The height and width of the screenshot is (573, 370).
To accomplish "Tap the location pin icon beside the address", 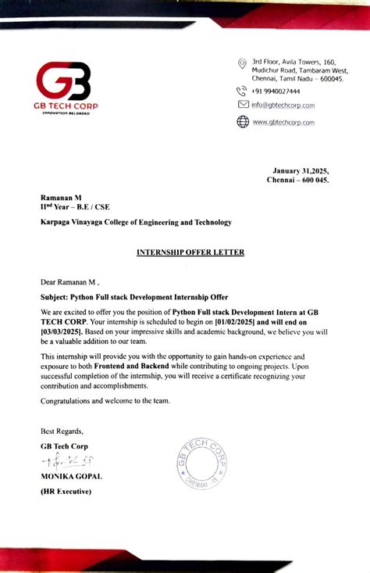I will click(242, 63).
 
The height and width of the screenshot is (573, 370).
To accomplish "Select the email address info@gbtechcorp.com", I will click(283, 106).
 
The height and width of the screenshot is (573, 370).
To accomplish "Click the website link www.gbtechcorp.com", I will click(283, 122).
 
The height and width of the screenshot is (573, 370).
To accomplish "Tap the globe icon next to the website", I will click(242, 121).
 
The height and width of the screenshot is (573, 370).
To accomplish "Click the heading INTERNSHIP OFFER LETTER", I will click(190, 252).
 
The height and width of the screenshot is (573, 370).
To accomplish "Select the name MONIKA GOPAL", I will click(71, 476).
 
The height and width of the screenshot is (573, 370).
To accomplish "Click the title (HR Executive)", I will click(66, 491).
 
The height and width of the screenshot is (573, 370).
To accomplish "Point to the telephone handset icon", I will click(242, 91).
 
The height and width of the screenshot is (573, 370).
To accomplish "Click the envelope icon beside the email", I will click(243, 105).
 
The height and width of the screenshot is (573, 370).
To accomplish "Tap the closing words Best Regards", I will click(62, 431).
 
